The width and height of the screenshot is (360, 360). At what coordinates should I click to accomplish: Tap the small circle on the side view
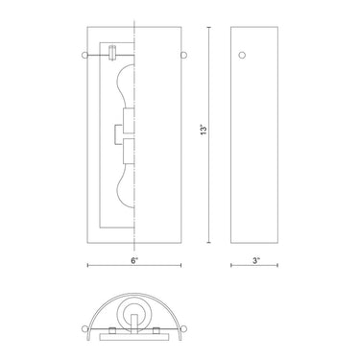[242, 56]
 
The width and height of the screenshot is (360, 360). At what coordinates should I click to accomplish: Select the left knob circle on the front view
[87, 54]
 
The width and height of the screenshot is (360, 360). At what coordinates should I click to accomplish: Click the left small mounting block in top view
[113, 332]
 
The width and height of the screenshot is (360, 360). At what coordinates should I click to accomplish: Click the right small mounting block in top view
[157, 332]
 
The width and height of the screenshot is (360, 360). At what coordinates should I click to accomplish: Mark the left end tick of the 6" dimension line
[87, 263]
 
